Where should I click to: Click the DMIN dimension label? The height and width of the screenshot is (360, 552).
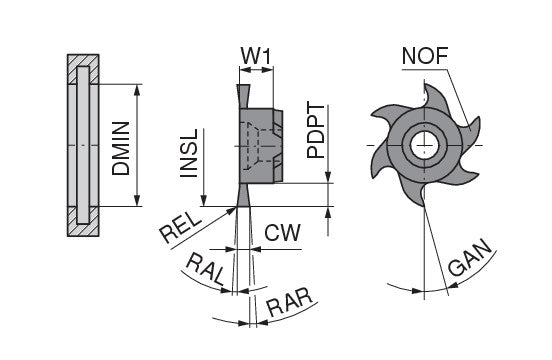[121, 148]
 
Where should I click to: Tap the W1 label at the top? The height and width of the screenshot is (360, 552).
[256, 56]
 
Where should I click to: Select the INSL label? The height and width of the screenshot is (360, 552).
[189, 153]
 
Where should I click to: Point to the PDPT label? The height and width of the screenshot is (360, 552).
[315, 131]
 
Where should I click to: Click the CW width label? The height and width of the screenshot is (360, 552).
[283, 232]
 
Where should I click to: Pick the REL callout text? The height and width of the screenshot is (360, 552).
[181, 228]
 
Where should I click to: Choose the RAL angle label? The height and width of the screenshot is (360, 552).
[205, 269]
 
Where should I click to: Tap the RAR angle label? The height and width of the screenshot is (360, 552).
[290, 302]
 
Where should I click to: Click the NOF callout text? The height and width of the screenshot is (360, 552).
[425, 56]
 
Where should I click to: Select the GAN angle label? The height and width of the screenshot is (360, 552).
[469, 258]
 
